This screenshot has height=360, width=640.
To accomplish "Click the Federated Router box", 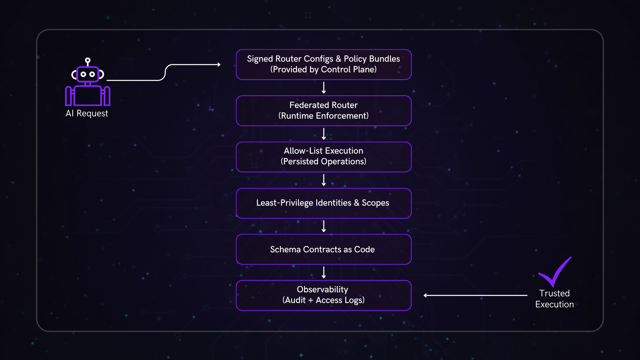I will coord(323,110).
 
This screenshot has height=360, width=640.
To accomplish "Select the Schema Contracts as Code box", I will coord(323,249).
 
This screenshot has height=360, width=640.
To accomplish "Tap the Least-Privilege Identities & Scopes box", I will coord(323,203).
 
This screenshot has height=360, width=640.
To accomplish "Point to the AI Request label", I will coord(87,113).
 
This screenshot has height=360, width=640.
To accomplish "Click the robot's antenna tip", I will coord(88,60).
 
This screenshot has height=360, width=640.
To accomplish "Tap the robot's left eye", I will coord(83,74).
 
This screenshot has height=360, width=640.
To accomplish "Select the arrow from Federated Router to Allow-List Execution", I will coord(324,134).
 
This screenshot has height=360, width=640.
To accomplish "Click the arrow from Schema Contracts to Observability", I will coord(324,272).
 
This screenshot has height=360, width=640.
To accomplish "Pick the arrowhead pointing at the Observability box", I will coord(426,295).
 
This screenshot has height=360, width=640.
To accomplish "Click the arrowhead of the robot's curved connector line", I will coord(219,64).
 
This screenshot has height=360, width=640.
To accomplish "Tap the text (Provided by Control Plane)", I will coord(323,69).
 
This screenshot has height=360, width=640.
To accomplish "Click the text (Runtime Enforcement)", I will coord(323,116).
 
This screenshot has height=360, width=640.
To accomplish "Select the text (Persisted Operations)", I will coord(323,161).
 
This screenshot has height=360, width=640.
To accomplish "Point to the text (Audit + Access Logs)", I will coord(323,300).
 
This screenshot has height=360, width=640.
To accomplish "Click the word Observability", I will coord(322,289).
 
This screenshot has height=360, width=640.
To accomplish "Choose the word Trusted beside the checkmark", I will coord(554,293).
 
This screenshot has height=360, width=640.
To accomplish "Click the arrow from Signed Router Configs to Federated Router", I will coord(324,88).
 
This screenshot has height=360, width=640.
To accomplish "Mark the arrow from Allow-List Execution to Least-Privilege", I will coord(324,180).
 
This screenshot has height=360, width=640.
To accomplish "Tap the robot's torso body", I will coord(87,96).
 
